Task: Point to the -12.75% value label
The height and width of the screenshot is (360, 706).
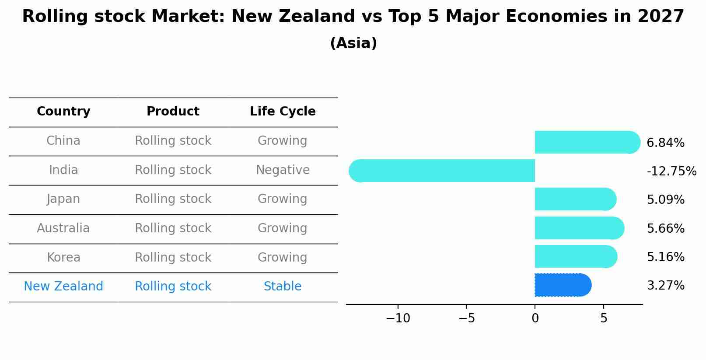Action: [x=671, y=171]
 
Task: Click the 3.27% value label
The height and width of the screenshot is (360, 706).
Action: [x=665, y=286]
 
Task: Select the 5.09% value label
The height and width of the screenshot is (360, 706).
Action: [x=665, y=200]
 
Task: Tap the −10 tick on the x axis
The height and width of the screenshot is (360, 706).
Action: [x=398, y=318]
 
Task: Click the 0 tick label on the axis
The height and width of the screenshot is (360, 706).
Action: [x=535, y=318]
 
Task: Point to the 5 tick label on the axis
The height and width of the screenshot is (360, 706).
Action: [x=603, y=318]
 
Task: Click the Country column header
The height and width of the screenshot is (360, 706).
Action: [x=63, y=112]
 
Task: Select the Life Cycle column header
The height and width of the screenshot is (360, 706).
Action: [x=283, y=112]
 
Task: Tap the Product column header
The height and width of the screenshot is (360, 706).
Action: [x=173, y=112]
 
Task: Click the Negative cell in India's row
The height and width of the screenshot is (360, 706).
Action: [x=283, y=170]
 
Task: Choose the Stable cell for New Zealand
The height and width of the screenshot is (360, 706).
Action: [x=283, y=287]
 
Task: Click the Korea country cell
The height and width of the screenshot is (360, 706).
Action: [x=63, y=257]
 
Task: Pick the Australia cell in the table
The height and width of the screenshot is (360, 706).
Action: [x=63, y=228]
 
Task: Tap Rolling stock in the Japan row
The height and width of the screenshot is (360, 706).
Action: [x=173, y=199]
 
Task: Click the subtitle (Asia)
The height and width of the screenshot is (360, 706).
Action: [x=353, y=43]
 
